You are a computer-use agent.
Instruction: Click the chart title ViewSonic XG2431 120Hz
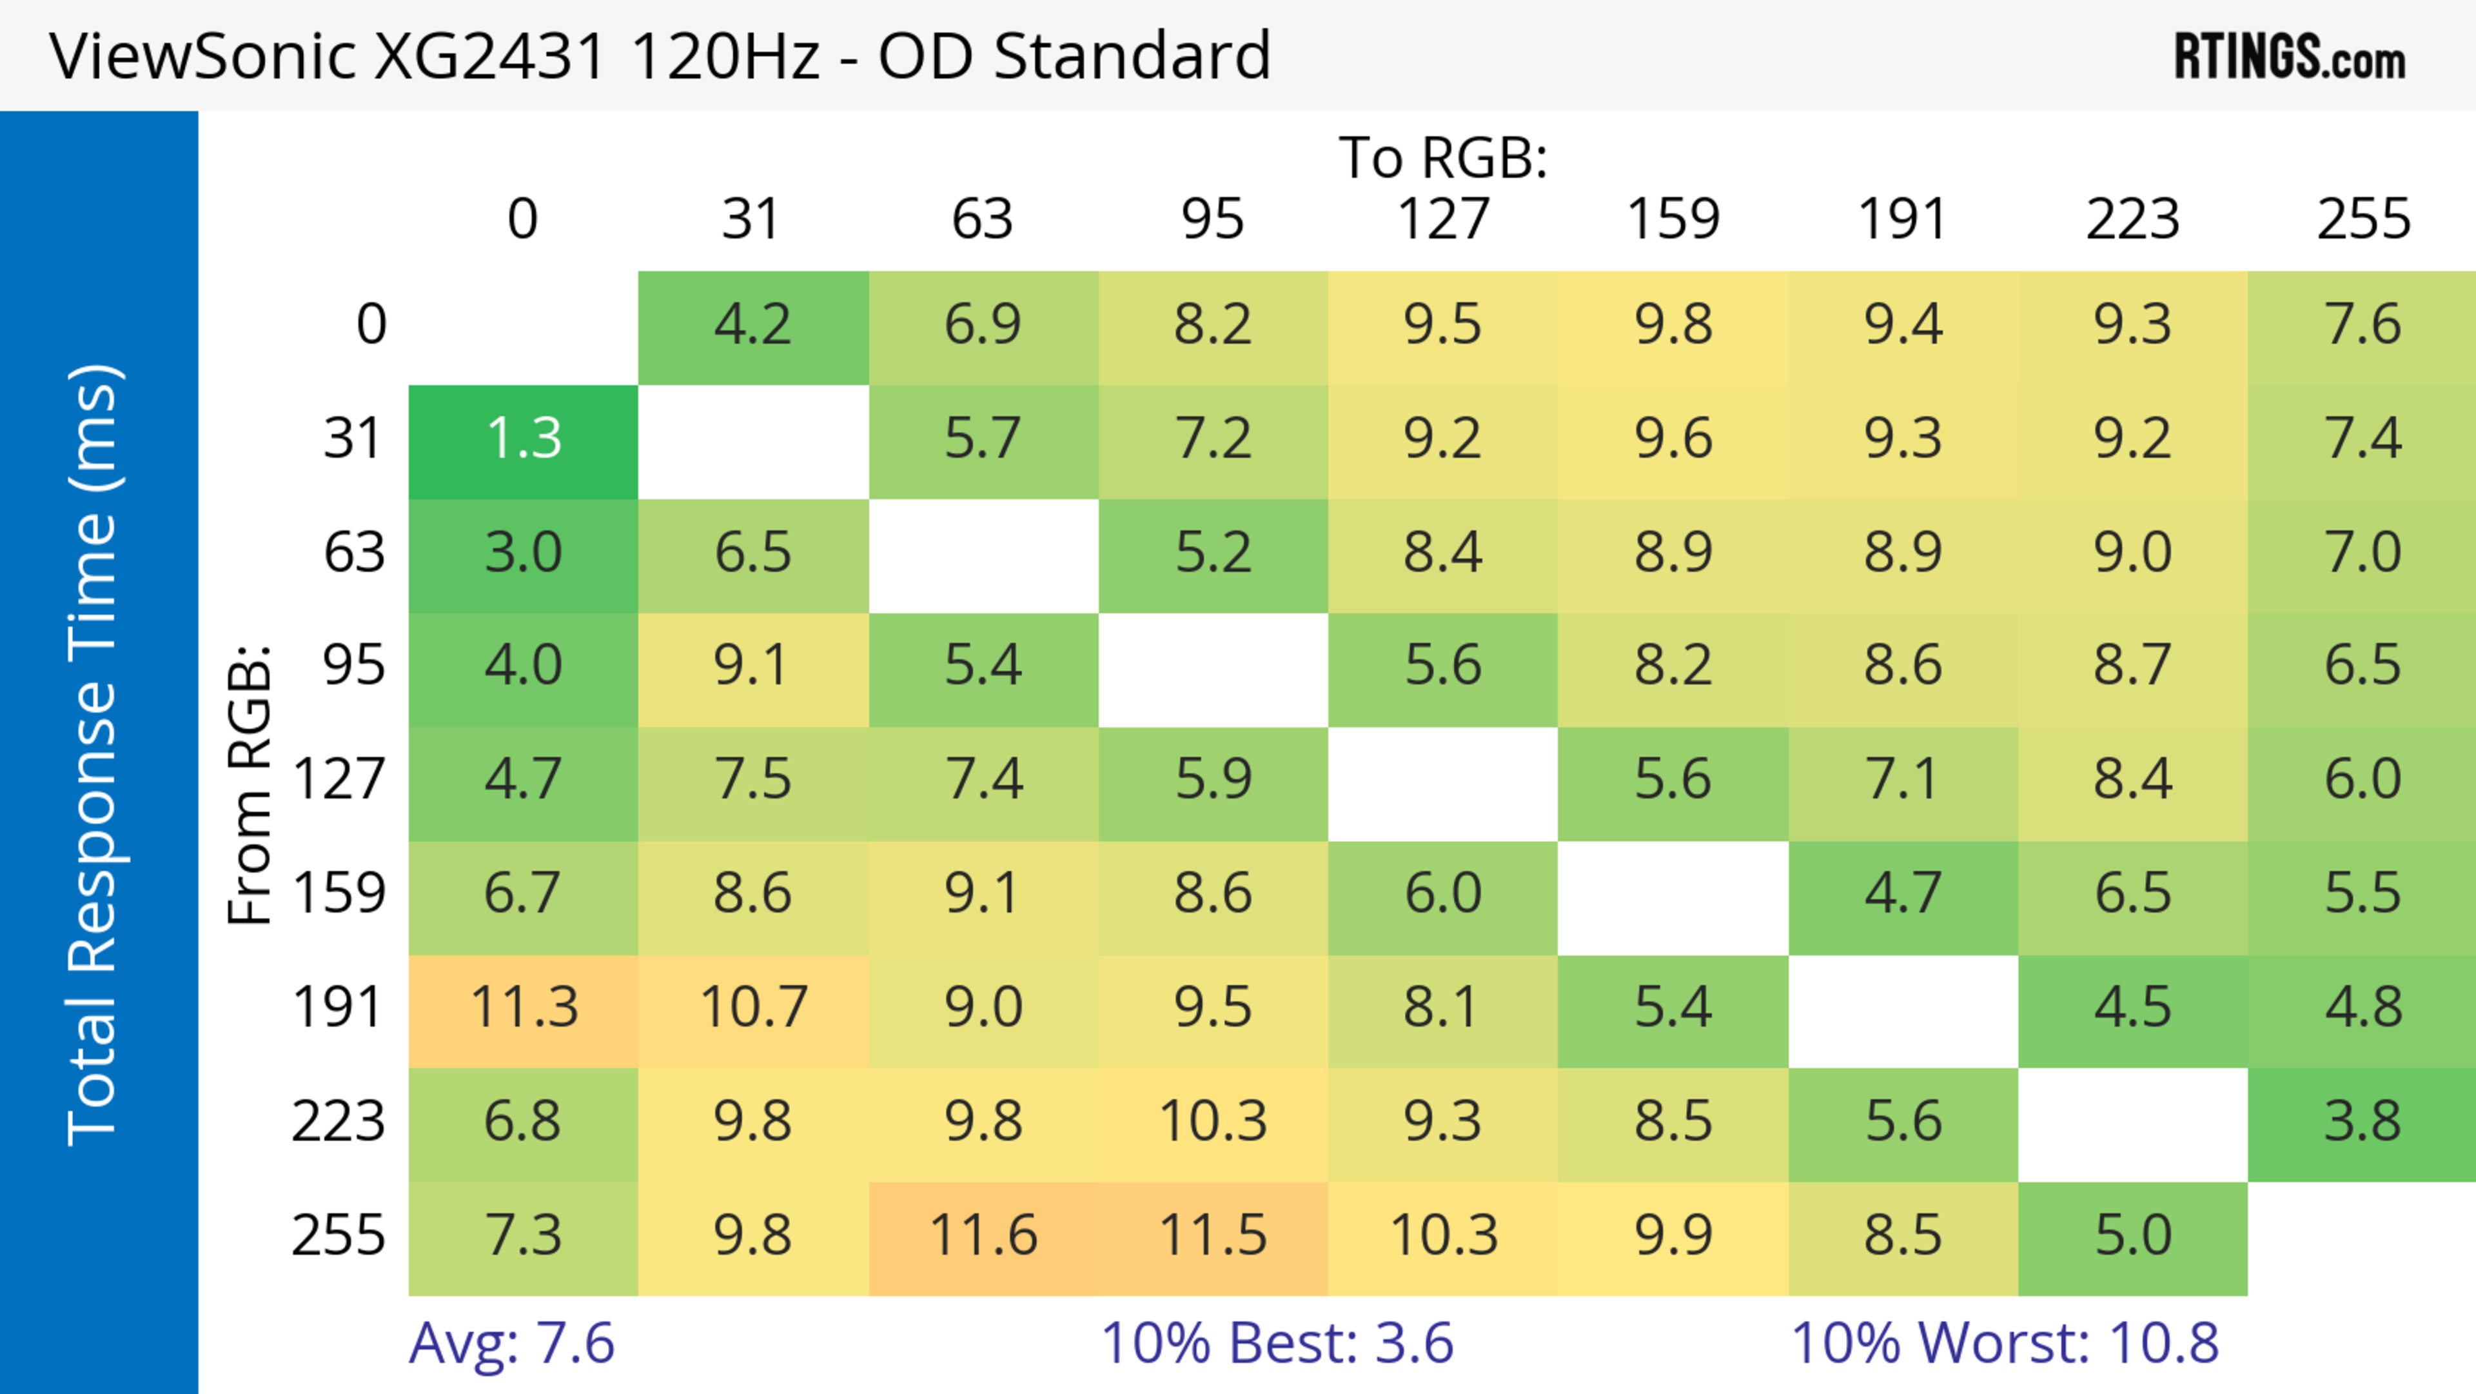click(x=660, y=55)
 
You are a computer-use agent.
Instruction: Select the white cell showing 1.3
click(x=523, y=439)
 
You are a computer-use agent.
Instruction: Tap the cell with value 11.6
click(x=982, y=1237)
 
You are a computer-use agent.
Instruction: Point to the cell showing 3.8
click(x=2363, y=1122)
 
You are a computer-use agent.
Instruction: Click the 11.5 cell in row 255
click(x=1212, y=1237)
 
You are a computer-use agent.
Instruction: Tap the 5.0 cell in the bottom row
click(x=2132, y=1237)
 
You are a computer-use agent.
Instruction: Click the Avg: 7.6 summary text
click(x=511, y=1343)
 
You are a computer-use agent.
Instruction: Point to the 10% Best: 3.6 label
click(x=1277, y=1343)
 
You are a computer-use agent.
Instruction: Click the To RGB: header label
click(x=1443, y=157)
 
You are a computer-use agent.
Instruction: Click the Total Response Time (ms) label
click(x=93, y=755)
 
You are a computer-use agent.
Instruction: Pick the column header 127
click(x=1443, y=219)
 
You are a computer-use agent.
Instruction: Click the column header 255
click(x=2363, y=219)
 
